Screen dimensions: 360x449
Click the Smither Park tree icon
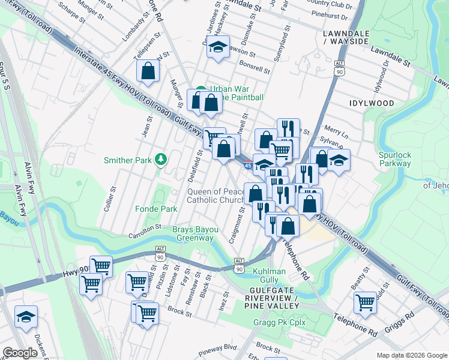tap(160, 160)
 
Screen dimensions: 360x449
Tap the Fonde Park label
tap(160, 209)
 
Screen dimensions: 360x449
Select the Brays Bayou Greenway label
tap(193, 233)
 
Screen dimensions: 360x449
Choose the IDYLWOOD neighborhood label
tap(372, 103)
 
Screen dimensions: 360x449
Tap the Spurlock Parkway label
tap(395, 159)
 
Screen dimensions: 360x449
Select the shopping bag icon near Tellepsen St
tap(148, 71)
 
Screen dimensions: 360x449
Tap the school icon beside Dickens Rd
tap(26, 317)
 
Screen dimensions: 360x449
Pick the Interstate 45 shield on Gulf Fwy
tap(249, 163)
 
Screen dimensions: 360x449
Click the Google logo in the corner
tap(20, 353)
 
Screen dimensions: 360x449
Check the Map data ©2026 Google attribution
tap(411, 355)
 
